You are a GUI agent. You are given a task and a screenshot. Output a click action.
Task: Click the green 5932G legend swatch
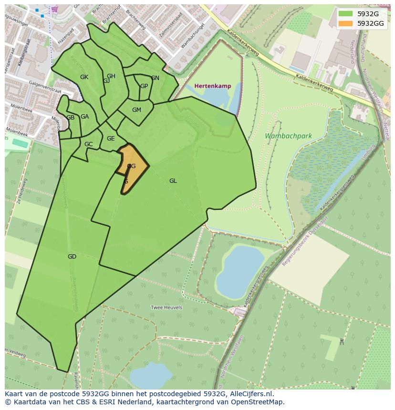[x=346, y=14]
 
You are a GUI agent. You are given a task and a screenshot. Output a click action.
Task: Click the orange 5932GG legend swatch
[x=346, y=23]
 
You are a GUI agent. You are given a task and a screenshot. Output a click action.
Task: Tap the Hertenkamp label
[x=213, y=86]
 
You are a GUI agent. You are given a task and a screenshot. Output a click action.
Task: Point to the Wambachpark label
[x=288, y=136]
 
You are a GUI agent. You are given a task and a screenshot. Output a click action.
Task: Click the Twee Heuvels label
[x=166, y=308]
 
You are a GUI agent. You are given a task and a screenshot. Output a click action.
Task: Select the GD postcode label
[x=72, y=257]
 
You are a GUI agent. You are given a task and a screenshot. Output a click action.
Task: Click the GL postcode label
[x=173, y=181]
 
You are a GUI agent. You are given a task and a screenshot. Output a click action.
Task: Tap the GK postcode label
[x=84, y=77]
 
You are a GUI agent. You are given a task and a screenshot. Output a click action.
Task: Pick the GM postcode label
[x=136, y=110]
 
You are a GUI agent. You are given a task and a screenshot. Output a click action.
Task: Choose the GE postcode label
[x=111, y=139]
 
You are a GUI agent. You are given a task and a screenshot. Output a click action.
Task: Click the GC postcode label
[x=88, y=144]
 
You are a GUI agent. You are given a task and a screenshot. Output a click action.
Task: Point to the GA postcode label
[x=84, y=117]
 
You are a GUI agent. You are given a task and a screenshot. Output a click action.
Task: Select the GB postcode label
[x=70, y=118]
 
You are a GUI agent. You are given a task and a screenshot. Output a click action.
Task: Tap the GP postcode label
[x=144, y=86]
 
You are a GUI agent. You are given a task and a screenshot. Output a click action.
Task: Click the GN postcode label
[x=155, y=78]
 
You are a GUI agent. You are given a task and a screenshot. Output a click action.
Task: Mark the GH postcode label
[x=111, y=76]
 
